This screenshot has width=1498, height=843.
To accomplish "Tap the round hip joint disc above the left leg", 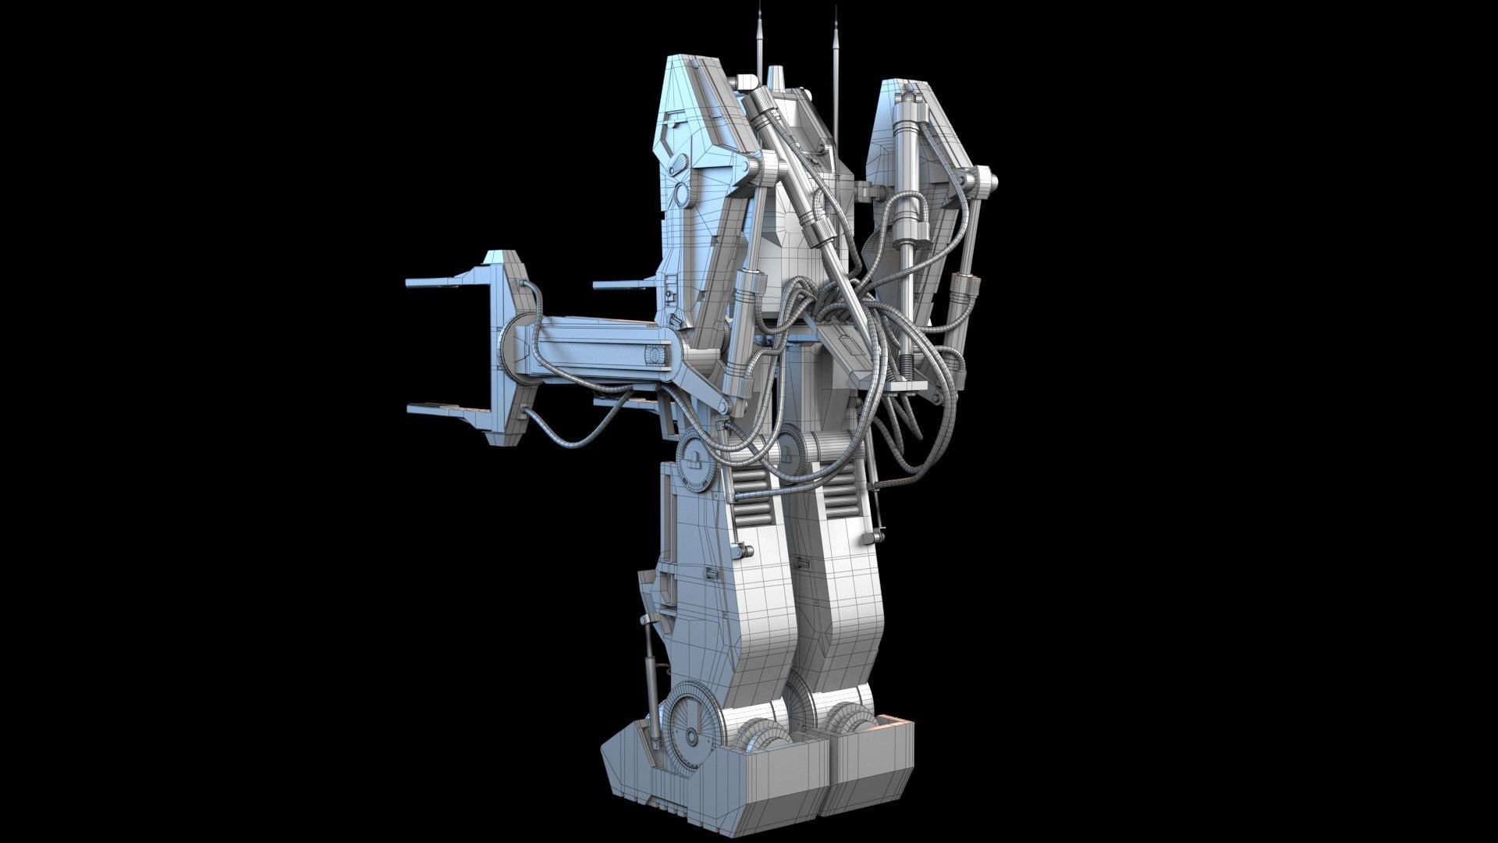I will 697,462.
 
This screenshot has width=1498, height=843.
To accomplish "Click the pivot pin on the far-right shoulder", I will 985,181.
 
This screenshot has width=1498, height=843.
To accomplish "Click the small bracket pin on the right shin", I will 876,537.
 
